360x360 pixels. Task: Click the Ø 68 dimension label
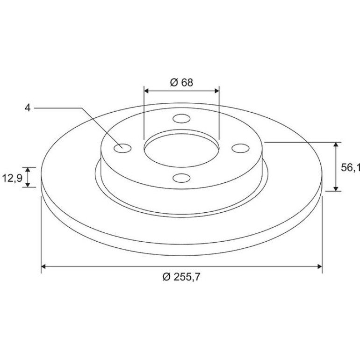click(181, 82)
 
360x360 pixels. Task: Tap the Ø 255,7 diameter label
click(181, 277)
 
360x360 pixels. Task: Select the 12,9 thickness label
click(12, 178)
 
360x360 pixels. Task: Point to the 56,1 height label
click(350, 167)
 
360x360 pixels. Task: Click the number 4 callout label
click(28, 108)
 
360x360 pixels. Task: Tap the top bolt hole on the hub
click(181, 119)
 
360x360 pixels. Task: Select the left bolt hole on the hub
click(122, 148)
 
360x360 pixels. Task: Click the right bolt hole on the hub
click(240, 148)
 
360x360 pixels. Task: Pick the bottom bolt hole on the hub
click(181, 178)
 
